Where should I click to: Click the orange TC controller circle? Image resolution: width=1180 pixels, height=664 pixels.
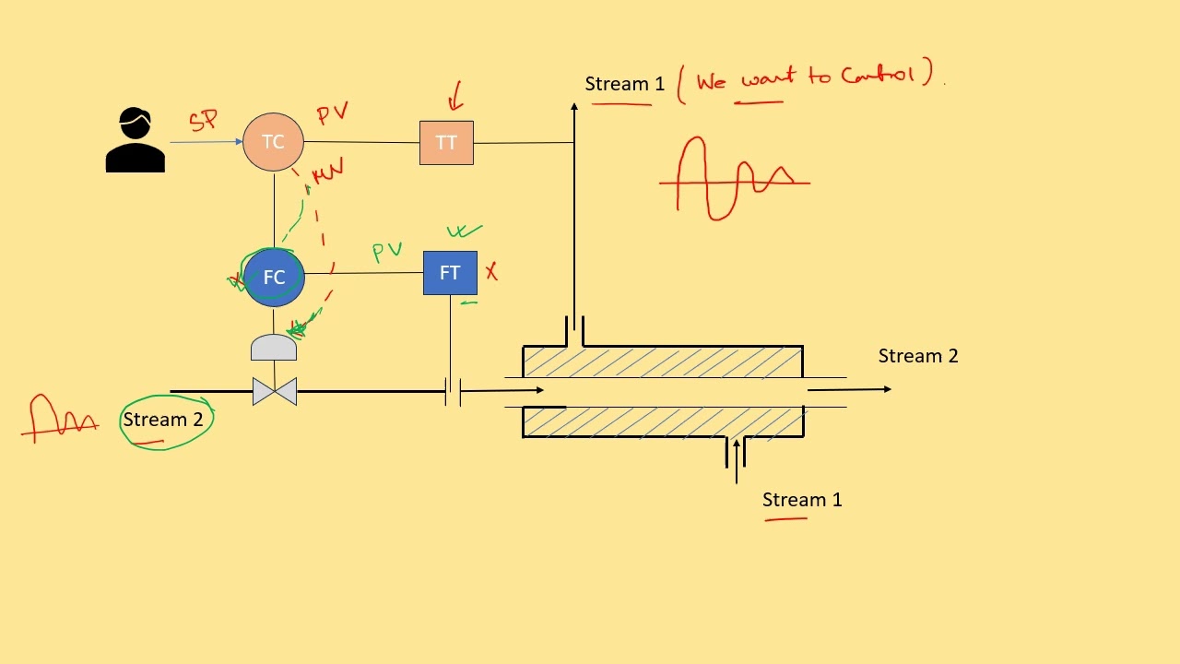pos(274,142)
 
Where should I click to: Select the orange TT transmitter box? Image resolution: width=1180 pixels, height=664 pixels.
pos(446,143)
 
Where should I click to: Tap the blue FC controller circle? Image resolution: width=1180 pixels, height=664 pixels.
pos(274,278)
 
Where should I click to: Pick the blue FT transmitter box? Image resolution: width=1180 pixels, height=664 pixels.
pos(450,273)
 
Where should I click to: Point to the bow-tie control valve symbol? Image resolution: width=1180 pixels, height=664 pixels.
pos(275,391)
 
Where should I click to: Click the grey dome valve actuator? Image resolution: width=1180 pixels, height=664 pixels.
pos(274,348)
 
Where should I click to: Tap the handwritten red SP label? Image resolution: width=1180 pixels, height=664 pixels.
pos(204,120)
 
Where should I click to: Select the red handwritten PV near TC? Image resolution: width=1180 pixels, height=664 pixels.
pos(332,114)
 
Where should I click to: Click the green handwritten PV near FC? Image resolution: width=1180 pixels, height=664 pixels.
pos(387,251)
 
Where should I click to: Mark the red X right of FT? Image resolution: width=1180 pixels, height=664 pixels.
pos(491,271)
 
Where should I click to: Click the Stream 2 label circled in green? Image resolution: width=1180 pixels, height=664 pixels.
pos(163,420)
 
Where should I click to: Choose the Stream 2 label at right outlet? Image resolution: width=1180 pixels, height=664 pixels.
pos(918,356)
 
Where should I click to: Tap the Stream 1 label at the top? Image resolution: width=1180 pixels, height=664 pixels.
pos(624,84)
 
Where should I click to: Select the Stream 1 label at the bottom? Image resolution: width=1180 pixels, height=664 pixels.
pos(802,500)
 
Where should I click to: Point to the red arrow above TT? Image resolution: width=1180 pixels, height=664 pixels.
pos(454,96)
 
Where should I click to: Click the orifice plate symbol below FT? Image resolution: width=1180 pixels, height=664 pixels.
pos(453,391)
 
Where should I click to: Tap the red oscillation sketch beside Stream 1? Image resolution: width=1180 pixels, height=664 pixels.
pos(735,178)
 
